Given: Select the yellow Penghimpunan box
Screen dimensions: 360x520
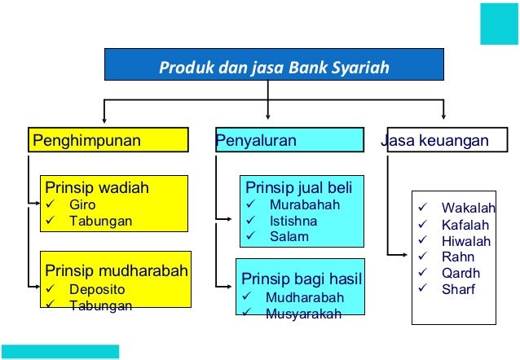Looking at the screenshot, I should pos(111,141).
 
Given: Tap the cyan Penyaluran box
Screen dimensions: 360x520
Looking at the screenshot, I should pos(289,141).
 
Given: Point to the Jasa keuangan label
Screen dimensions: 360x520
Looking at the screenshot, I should pos(436,141).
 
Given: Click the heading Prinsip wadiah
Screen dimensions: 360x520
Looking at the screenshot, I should pos(97,188).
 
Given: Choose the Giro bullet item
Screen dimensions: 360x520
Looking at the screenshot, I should pos(82,204).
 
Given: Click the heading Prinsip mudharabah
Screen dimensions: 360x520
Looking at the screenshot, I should pos(117,270).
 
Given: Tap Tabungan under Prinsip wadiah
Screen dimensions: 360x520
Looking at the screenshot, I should pos(100,221).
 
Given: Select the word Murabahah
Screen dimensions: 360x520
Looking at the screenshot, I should pos(305,204).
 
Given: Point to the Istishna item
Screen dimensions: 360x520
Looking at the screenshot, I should pos(293,221).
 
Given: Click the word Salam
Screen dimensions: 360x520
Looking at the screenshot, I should pos(289,237).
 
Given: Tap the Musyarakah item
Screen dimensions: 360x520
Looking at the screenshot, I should pos(303,314).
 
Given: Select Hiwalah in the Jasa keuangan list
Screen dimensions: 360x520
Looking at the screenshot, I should pos(466,241).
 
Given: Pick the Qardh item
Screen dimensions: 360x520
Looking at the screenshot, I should pos(461,273).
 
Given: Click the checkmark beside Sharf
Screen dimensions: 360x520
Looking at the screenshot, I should pos(422,289).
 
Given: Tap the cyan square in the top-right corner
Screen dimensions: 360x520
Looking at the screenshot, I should pos(499,24).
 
